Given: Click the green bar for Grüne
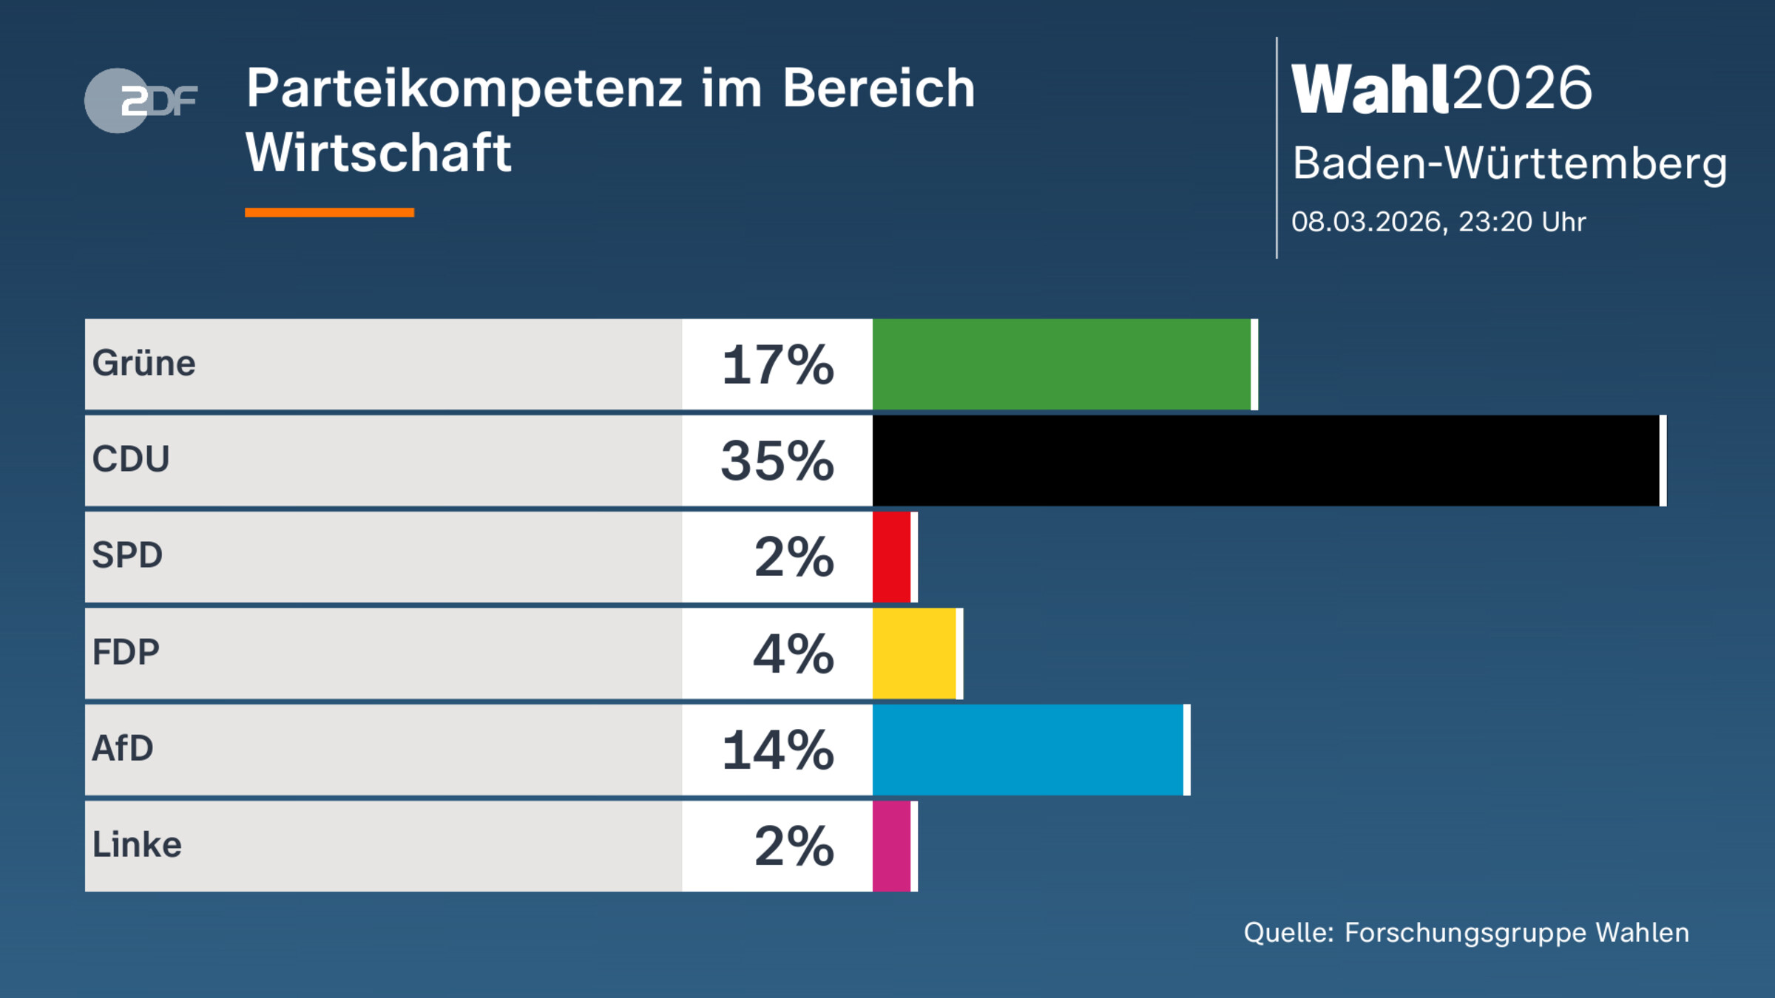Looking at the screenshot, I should point(1061,364).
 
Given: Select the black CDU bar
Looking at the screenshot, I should point(1265,461).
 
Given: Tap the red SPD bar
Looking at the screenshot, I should point(891,557).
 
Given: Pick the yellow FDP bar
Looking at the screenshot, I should point(914,654).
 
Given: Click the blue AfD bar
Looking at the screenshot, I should point(1028,750).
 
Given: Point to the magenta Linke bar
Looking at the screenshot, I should point(891,846).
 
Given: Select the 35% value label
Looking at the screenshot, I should point(777,461).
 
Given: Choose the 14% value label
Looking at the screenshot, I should point(777,750).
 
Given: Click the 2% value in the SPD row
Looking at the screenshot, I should point(794,557).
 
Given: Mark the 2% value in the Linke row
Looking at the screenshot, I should point(794,846).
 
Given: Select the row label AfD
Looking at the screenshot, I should point(123,748).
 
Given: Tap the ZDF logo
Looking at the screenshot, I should point(141,101).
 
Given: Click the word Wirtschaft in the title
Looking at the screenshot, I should point(378,153).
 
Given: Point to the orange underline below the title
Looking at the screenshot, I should point(329,213).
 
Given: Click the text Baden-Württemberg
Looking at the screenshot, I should point(1509,163).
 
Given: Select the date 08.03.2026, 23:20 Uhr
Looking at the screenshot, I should point(1438,222).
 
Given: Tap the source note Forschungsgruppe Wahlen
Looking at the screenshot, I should point(1516,933).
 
